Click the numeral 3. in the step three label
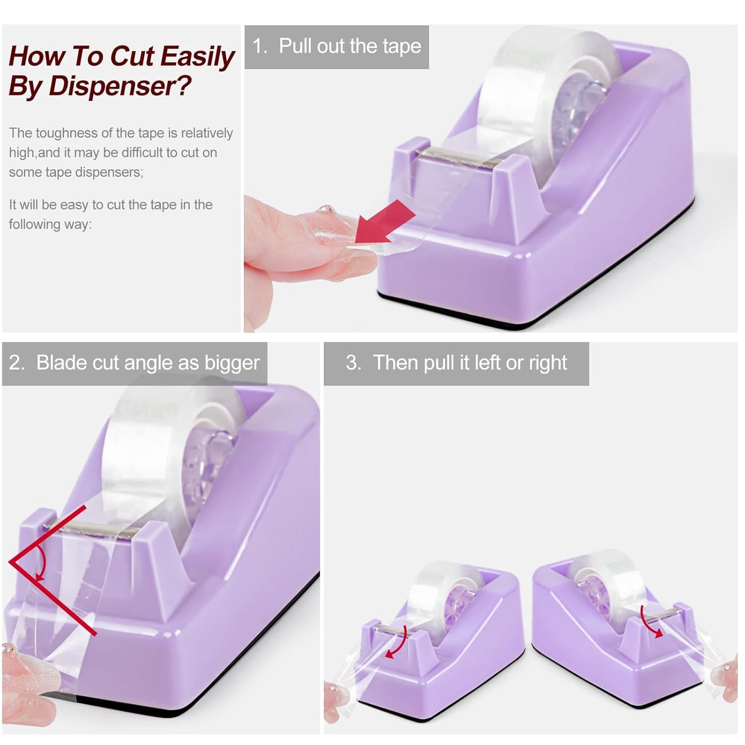point(354,363)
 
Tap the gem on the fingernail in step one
point(327,210)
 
